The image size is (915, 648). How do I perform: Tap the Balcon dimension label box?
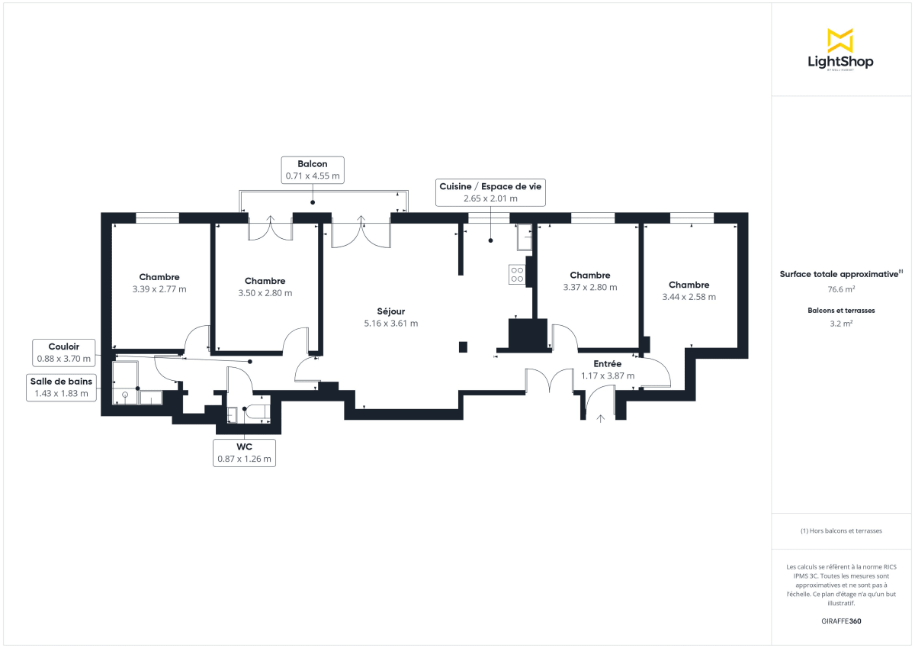click(313, 169)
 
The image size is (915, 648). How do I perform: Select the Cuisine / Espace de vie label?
click(490, 192)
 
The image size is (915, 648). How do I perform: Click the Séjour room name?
click(390, 311)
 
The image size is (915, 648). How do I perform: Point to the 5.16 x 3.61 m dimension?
click(390, 324)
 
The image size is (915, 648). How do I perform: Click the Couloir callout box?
click(63, 353)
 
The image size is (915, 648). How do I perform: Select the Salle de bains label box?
click(61, 388)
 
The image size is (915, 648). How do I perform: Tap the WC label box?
click(244, 453)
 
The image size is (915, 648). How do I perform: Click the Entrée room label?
click(608, 364)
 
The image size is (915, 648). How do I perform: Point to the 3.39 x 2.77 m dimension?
click(159, 289)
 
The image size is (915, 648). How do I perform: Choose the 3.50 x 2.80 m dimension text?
click(265, 293)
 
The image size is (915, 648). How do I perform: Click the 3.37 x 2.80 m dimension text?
click(589, 288)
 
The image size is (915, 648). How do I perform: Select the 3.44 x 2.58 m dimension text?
click(689, 297)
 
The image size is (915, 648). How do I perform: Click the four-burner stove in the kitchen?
click(517, 274)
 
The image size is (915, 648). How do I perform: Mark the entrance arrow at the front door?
click(600, 417)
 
